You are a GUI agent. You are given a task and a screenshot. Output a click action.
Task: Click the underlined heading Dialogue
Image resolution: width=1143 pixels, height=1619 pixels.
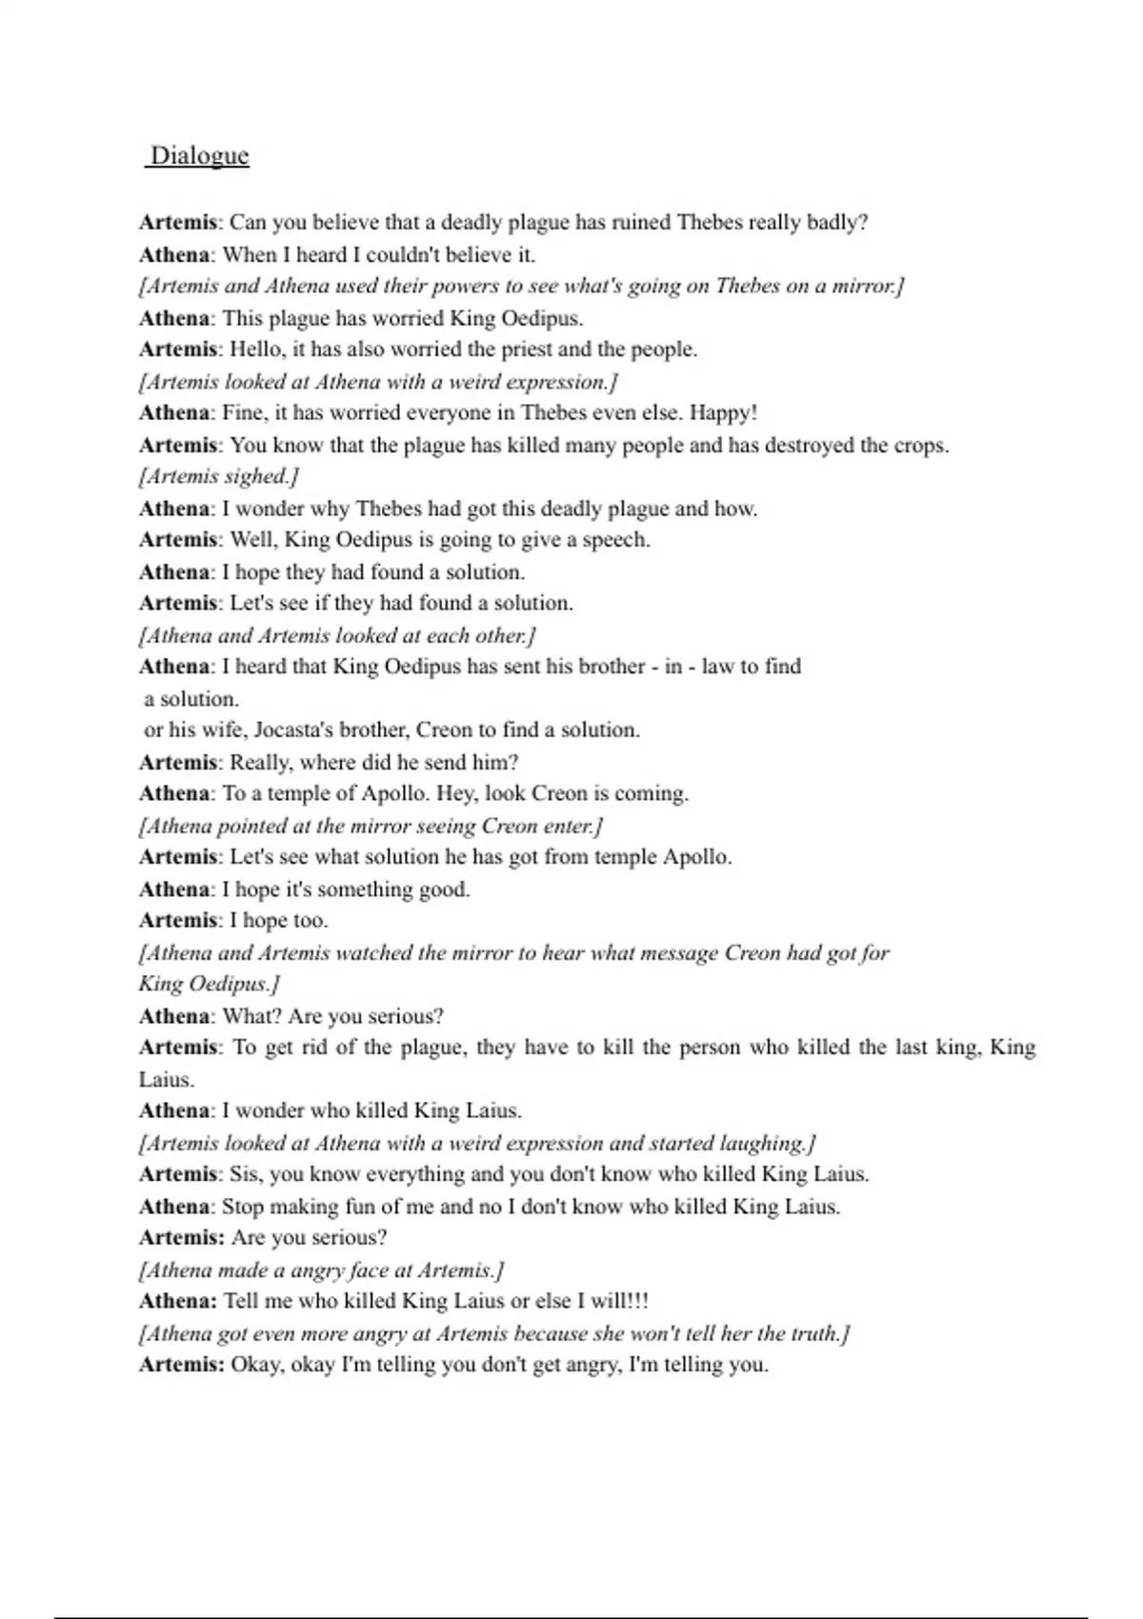(199, 156)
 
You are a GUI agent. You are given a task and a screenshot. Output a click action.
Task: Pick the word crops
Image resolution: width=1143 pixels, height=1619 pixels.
(919, 446)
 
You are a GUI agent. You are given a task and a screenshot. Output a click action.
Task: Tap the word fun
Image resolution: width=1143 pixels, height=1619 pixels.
(357, 1207)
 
